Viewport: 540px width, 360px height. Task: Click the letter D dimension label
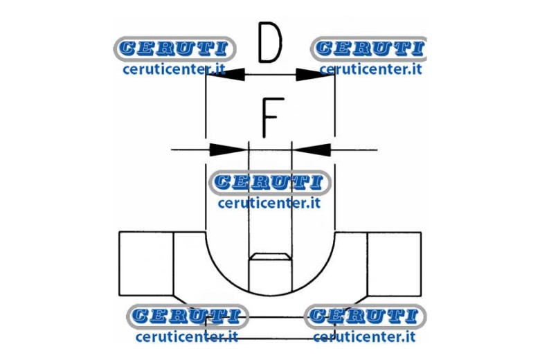270,42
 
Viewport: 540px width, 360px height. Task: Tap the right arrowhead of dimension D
315,74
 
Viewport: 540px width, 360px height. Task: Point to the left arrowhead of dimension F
229,150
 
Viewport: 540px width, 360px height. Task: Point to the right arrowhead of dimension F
312,150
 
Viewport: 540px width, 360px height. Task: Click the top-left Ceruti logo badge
174,48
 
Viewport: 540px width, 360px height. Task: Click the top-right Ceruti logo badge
368,48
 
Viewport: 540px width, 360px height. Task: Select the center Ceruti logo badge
270,183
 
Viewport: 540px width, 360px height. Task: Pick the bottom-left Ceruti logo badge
188,316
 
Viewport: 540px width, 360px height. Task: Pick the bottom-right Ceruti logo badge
365,316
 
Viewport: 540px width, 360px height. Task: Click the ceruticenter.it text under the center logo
269,203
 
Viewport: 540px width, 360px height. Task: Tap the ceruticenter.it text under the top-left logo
174,69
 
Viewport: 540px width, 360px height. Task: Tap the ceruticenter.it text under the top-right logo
370,69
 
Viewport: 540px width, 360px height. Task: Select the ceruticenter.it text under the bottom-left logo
187,336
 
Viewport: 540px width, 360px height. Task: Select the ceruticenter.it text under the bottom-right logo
364,336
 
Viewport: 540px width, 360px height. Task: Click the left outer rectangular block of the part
146,264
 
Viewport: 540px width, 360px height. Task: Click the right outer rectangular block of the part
395,264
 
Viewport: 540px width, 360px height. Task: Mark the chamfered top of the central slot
270,257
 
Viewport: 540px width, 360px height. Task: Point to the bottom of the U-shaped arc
270,295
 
